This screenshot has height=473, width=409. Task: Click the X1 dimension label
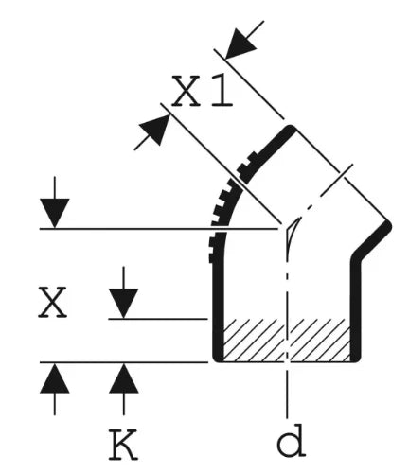coord(202,91)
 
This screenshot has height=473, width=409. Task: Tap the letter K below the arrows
coord(123,444)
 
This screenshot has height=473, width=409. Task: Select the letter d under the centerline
coord(291,441)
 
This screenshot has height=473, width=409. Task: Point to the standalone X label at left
coord(52,302)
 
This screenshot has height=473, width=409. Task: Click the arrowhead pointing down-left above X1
coord(240,44)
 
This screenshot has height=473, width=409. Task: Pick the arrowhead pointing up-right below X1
coord(155,130)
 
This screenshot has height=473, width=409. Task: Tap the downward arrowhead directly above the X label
coord(55,213)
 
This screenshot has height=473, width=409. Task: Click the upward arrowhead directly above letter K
coord(124,378)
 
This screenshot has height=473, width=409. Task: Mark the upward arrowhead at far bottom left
coord(55,378)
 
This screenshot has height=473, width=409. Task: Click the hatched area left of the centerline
coord(255,340)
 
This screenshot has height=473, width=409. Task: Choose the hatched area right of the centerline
coord(319,340)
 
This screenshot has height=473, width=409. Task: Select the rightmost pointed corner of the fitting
coord(390,226)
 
